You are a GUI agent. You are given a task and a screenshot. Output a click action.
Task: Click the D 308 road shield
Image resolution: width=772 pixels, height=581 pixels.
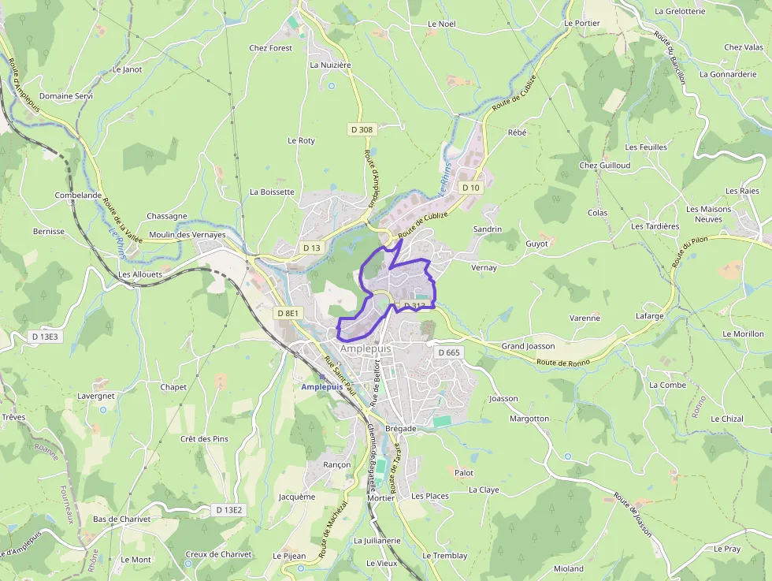pyautogui.click(x=362, y=129)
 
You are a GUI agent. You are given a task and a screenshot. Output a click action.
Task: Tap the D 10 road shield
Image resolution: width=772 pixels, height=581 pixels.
pyautogui.click(x=470, y=188)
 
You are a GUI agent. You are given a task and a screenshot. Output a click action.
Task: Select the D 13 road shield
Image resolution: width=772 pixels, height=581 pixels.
pyautogui.click(x=312, y=248)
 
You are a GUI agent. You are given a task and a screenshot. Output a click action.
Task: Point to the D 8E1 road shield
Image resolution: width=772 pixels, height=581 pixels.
pyautogui.click(x=288, y=313)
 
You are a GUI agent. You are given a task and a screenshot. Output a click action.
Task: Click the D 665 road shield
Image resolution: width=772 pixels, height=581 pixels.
pyautogui.click(x=447, y=352)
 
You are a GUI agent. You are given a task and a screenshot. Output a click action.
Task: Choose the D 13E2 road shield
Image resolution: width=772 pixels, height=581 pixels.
pyautogui.click(x=229, y=510)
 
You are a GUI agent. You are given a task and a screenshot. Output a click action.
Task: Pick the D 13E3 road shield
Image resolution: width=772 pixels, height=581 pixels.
pyautogui.click(x=44, y=337)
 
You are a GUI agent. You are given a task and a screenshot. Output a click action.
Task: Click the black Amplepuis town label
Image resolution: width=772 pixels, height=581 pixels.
pyautogui.click(x=366, y=348)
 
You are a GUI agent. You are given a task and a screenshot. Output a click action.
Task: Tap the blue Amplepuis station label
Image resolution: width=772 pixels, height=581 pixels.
pyautogui.click(x=322, y=387)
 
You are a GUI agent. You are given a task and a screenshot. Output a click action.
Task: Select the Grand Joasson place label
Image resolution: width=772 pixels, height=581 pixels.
pyautogui.click(x=528, y=346)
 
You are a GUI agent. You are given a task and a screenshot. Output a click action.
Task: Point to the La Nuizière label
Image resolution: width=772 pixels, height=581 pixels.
pyautogui.click(x=330, y=65)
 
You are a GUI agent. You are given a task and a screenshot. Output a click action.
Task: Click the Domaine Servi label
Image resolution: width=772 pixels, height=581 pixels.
pyautogui.click(x=66, y=96)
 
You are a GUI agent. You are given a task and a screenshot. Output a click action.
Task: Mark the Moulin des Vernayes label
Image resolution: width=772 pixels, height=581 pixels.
pyautogui.click(x=187, y=235)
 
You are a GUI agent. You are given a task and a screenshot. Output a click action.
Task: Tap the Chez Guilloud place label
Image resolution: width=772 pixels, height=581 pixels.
pyautogui.click(x=604, y=166)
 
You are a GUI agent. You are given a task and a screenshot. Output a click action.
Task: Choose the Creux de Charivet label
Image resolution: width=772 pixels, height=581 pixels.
pyautogui.click(x=218, y=554)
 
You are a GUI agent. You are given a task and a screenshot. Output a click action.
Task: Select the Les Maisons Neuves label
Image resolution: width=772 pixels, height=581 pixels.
pyautogui.click(x=708, y=214)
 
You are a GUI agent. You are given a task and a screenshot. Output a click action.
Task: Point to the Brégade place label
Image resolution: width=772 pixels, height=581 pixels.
pyautogui.click(x=401, y=428)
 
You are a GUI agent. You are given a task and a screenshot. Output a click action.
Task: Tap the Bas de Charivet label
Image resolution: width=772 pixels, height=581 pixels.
pyautogui.click(x=121, y=520)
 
